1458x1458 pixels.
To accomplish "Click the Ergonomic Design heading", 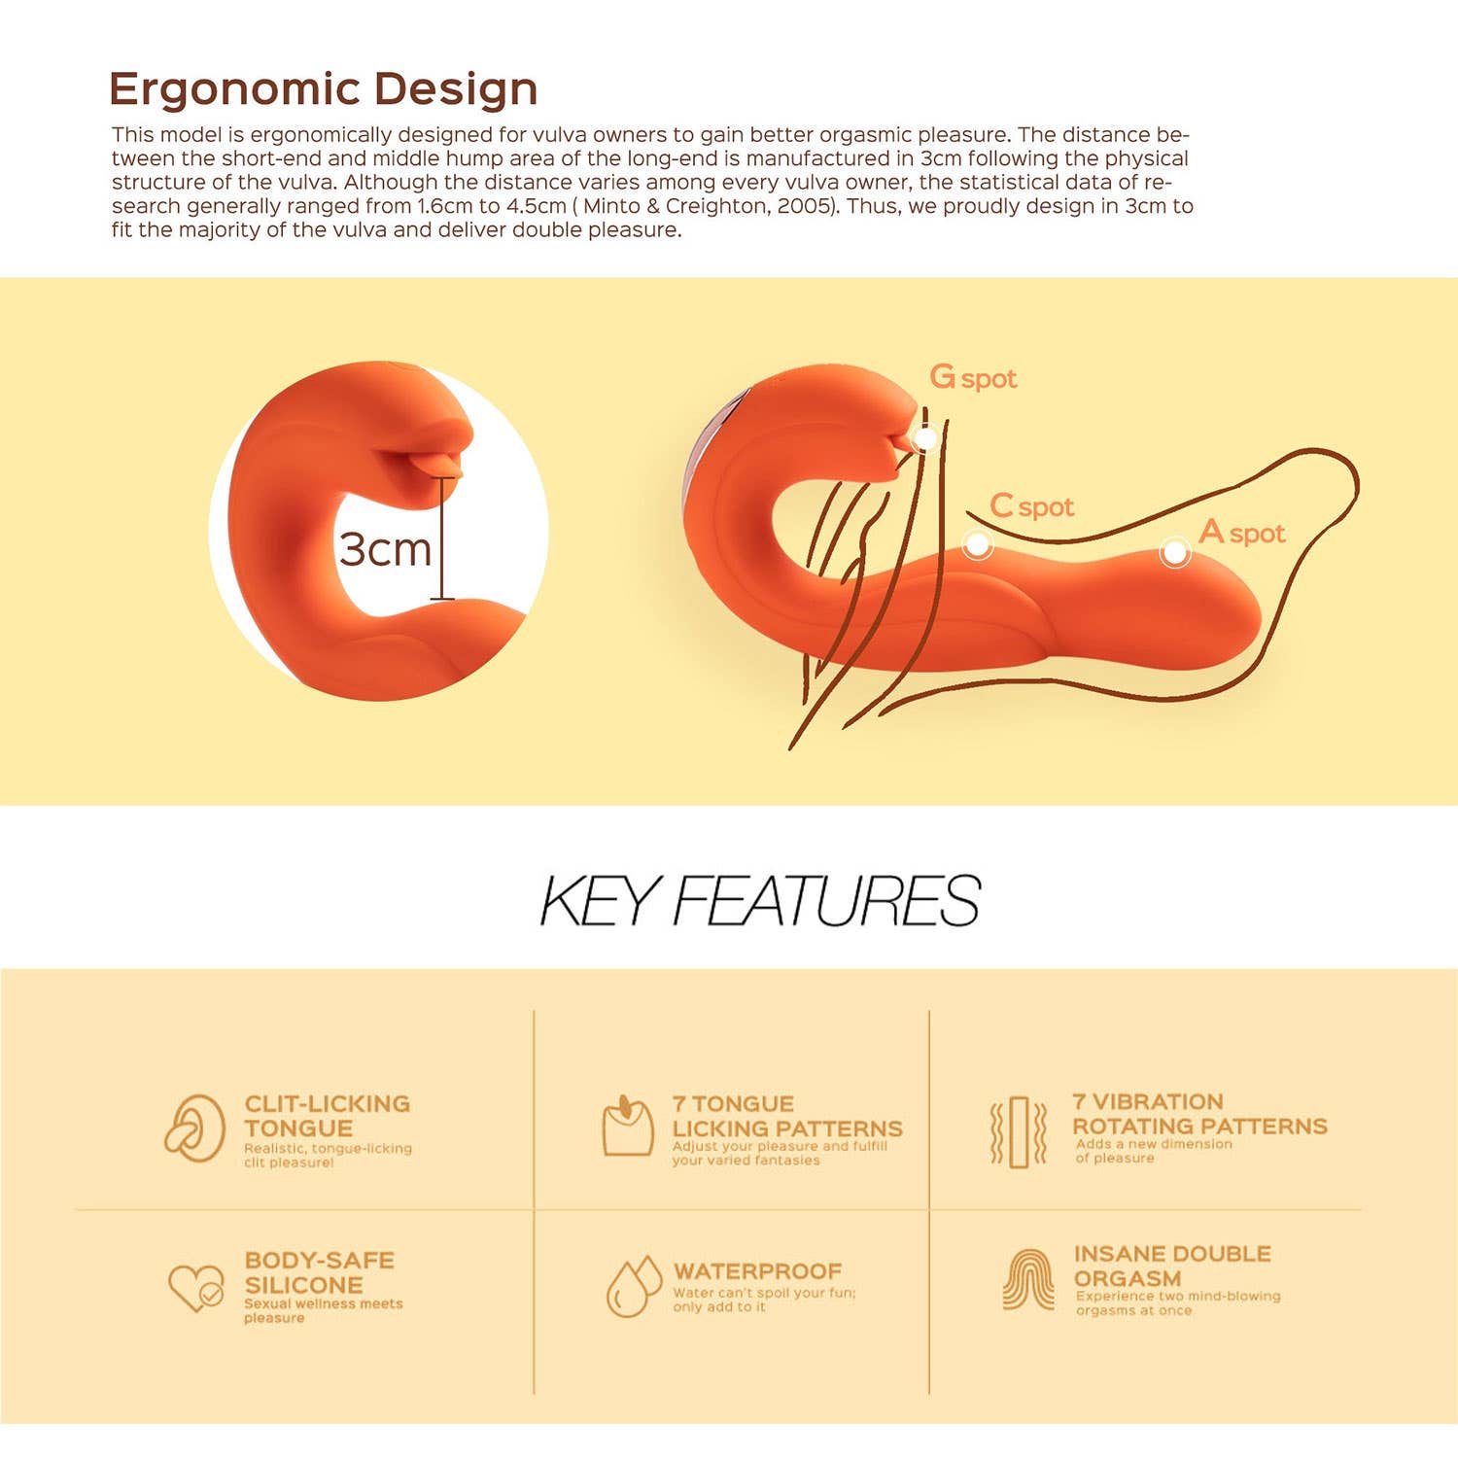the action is (323, 90).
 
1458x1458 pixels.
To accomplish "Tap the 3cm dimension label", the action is (385, 549).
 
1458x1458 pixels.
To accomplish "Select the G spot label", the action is (973, 377).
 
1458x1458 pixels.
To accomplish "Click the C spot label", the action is (1031, 506).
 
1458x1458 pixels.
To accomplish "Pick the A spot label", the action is (1242, 533).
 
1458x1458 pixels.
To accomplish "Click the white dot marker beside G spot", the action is (924, 438).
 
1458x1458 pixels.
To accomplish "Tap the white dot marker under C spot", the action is (977, 544).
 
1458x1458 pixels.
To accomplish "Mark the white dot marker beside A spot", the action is (1175, 553).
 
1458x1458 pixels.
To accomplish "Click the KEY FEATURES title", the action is (759, 900).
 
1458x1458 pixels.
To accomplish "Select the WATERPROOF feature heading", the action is (757, 1271).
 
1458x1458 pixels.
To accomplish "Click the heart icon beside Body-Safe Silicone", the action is (196, 1288).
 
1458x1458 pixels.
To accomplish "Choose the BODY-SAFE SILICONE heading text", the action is (319, 1272).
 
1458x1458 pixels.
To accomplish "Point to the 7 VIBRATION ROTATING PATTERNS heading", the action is (1199, 1114).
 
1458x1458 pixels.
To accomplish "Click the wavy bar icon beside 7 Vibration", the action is (1018, 1132).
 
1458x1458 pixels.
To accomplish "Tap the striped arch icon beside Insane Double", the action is (1028, 1279).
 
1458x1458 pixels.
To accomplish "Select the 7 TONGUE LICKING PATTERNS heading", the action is (787, 1116).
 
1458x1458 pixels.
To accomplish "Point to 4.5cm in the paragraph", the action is (537, 206).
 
